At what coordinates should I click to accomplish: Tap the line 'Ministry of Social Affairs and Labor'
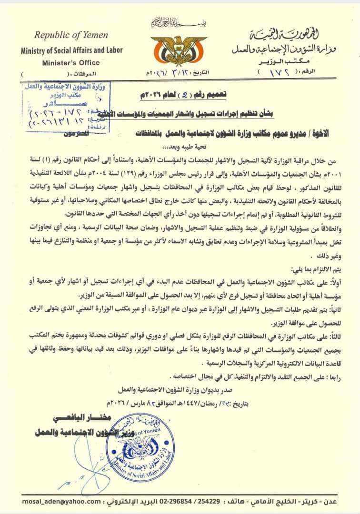(x=71, y=50)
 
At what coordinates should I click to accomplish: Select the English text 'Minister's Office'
(x=71, y=62)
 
